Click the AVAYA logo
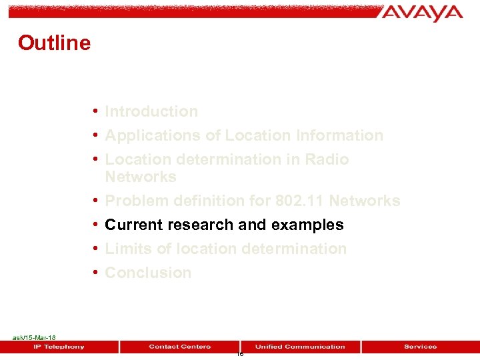pyautogui.click(x=422, y=13)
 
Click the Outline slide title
pyautogui.click(x=54, y=43)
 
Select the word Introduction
pyautogui.click(x=151, y=111)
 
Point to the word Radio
pyautogui.click(x=327, y=159)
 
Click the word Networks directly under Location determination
pyautogui.click(x=141, y=177)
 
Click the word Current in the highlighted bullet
pyautogui.click(x=133, y=225)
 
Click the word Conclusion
pyautogui.click(x=148, y=273)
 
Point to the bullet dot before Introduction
pyautogui.click(x=97, y=111)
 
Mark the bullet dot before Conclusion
pyautogui.click(x=97, y=272)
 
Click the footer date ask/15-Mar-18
pyautogui.click(x=34, y=338)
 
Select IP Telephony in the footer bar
pyautogui.click(x=59, y=347)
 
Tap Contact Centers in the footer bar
pyautogui.click(x=179, y=347)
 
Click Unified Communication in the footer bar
pyautogui.click(x=300, y=347)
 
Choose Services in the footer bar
pyautogui.click(x=420, y=347)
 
